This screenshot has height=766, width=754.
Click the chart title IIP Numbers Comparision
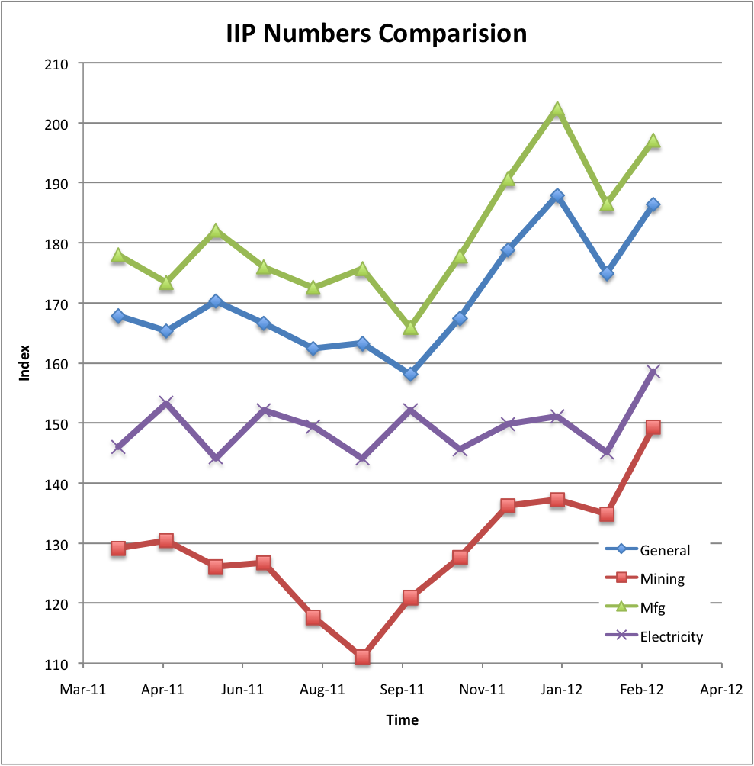coord(377,34)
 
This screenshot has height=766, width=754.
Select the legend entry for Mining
coord(662,579)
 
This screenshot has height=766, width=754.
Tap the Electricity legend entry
coord(671,636)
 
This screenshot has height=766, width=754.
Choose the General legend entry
coord(665,550)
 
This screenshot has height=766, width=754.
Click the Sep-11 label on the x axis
coord(403,690)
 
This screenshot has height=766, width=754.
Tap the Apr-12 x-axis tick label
coord(720,690)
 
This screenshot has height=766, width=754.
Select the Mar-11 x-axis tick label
coord(84,690)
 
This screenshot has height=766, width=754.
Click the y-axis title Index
coord(25,364)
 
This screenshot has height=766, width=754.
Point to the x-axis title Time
coord(402,719)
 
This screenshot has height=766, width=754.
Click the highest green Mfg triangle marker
coord(557,110)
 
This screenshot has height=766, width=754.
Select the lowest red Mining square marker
coord(362,657)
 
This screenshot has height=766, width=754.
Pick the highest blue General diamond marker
coord(557,196)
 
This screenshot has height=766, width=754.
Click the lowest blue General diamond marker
coord(411,375)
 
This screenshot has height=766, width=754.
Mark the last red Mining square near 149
coord(653,428)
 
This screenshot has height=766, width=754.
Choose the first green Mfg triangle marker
coord(118,256)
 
